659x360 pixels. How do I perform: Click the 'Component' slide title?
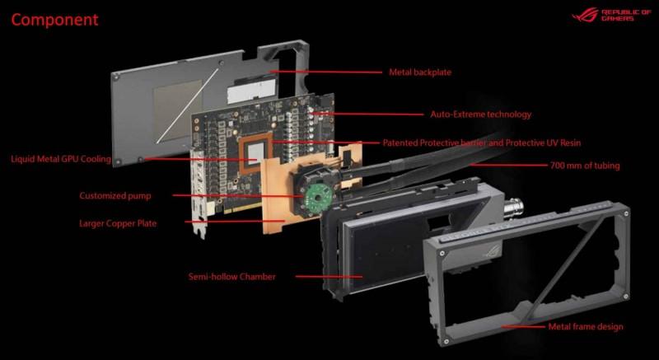pos(54,20)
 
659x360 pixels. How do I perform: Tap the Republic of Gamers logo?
pos(611,15)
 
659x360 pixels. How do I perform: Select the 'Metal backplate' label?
pos(420,72)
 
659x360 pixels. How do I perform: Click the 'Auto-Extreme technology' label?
pos(481,115)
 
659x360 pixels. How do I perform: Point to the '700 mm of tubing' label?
pos(585,166)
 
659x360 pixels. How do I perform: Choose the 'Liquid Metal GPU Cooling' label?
pos(61,159)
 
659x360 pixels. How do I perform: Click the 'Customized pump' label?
pos(115,196)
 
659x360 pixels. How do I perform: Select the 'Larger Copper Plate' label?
pos(118,223)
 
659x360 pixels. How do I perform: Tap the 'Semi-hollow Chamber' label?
pos(232,277)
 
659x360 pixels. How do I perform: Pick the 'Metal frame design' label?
pos(586,326)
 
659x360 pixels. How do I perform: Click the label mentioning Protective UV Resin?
pos(482,143)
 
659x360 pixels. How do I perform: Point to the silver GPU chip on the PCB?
pos(254,153)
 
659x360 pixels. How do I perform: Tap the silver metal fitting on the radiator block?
pos(516,208)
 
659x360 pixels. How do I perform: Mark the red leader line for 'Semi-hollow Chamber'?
pos(329,277)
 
